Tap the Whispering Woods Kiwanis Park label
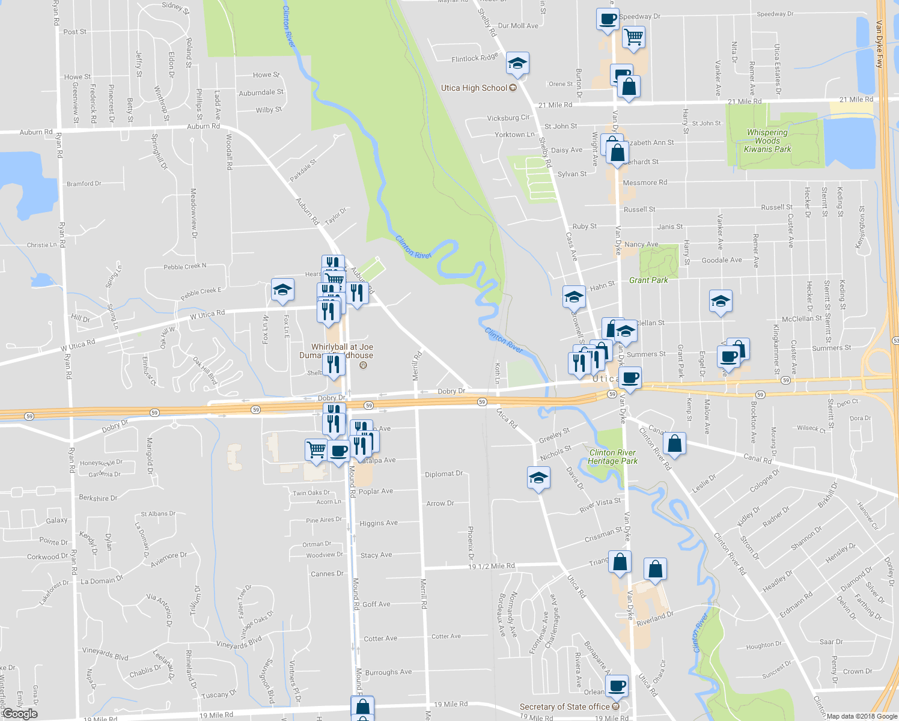tap(767, 141)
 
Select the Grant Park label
tap(648, 280)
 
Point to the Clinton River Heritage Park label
tap(612, 457)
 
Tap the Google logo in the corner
tap(20, 714)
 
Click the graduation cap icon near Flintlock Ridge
tap(517, 62)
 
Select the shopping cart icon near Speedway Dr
tap(633, 37)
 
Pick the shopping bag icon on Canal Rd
tap(674, 443)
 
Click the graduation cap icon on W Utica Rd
tap(282, 290)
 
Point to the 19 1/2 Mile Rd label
tap(492, 566)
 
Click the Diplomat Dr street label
tap(443, 474)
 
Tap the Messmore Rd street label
tap(645, 183)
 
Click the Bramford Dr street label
tap(84, 184)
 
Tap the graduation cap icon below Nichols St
tap(538, 478)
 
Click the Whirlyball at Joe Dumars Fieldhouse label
tap(342, 351)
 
